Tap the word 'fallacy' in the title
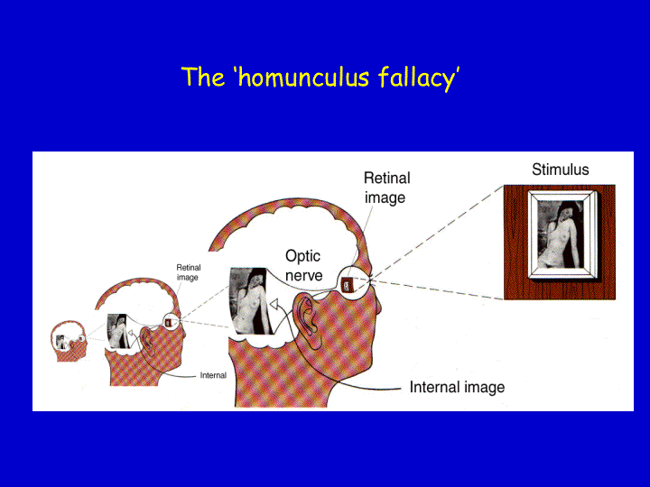[x=416, y=78]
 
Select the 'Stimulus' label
[x=560, y=170]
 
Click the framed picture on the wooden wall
[x=562, y=234]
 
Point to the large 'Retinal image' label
[x=386, y=188]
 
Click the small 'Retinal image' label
[x=188, y=272]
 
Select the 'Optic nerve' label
[x=303, y=265]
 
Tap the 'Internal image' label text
[x=457, y=387]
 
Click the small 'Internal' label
[x=213, y=375]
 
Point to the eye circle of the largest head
[x=352, y=283]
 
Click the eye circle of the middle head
[x=171, y=322]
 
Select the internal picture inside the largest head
[x=251, y=301]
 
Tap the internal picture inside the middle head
[x=118, y=331]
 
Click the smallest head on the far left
[x=69, y=341]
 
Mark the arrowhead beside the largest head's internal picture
[x=274, y=305]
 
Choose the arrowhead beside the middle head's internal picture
[x=130, y=333]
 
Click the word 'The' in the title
[x=203, y=77]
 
